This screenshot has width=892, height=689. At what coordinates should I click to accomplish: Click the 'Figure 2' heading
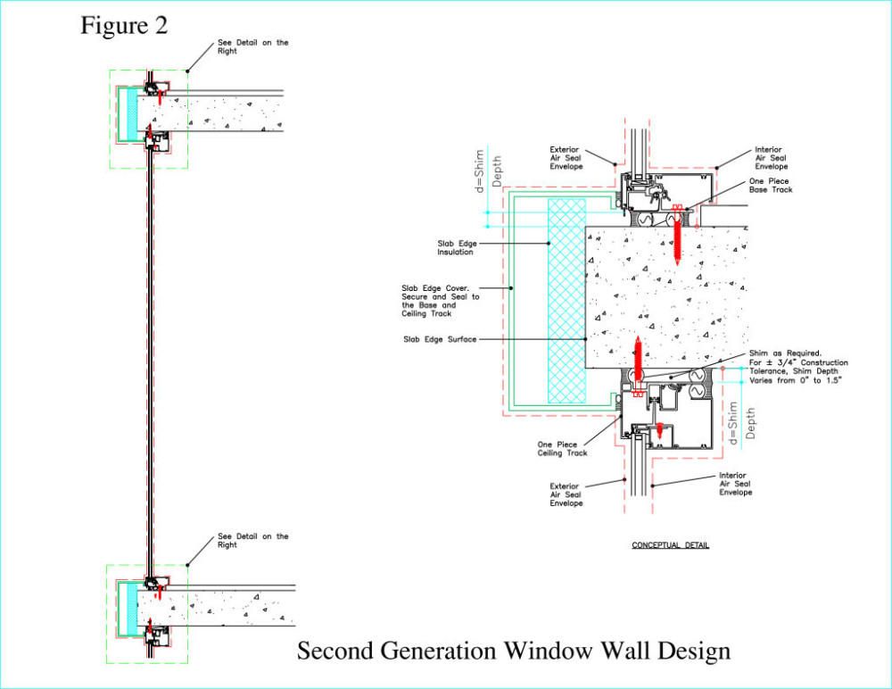124,26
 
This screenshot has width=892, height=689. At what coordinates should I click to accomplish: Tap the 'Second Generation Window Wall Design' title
514,651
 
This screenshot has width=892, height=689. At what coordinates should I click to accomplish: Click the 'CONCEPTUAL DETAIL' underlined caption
670,545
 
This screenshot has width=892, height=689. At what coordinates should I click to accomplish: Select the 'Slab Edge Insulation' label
457,248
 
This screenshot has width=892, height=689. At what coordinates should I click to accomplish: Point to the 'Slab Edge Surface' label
440,339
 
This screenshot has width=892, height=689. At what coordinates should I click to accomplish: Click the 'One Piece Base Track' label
771,186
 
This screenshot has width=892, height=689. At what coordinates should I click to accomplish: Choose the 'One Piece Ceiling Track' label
562,449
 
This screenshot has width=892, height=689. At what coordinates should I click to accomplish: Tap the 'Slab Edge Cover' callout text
441,302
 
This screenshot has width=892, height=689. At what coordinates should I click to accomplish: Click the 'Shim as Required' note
798,367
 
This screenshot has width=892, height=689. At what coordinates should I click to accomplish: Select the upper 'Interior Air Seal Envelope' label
771,158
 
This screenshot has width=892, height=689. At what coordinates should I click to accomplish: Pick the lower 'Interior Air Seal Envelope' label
735,484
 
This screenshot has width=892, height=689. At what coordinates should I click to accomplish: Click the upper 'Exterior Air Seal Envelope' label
566,158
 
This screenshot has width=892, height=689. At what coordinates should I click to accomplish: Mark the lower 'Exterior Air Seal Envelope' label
566,494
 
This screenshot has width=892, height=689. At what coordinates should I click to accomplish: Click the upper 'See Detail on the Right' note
252,46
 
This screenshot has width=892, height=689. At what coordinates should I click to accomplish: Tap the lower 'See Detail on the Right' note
252,540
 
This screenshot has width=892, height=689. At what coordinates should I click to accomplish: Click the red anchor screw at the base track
677,234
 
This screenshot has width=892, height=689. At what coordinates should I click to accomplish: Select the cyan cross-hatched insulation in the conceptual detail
566,301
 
